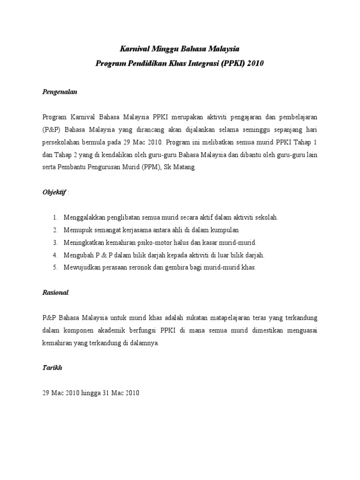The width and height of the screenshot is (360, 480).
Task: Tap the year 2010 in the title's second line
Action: pyautogui.click(x=255, y=63)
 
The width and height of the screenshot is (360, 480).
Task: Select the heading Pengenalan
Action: pyautogui.click(x=59, y=92)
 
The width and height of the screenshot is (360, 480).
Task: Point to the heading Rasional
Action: pyautogui.click(x=55, y=292)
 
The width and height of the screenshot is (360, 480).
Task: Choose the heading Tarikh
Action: pyautogui.click(x=52, y=368)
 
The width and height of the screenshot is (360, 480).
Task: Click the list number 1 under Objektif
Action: pyautogui.click(x=55, y=217)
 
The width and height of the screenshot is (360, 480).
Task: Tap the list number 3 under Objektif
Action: pyautogui.click(x=55, y=242)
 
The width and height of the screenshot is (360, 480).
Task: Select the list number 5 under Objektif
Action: pyautogui.click(x=55, y=267)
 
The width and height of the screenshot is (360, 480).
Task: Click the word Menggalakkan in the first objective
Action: pyautogui.click(x=86, y=217)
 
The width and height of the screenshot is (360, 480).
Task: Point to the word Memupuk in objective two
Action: pyautogui.click(x=79, y=230)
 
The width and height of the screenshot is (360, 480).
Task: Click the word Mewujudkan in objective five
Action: pyautogui.click(x=82, y=267)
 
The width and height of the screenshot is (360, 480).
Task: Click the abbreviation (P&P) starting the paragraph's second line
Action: pyautogui.click(x=51, y=129)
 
